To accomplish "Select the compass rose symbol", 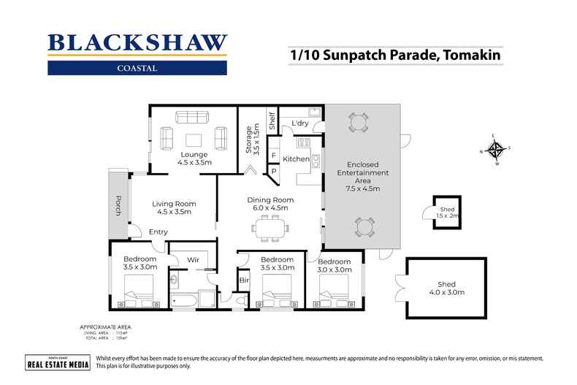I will [x=496, y=150].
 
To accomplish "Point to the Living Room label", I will [x=174, y=207].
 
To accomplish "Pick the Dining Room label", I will [x=270, y=204].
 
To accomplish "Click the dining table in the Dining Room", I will [x=272, y=229].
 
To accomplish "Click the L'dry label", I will [x=300, y=122].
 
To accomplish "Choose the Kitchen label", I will [x=296, y=159].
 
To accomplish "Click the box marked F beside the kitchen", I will [x=274, y=156].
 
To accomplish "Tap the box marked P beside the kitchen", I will [x=274, y=172].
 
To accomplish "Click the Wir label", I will [x=194, y=259].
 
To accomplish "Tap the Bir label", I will [x=243, y=280].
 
